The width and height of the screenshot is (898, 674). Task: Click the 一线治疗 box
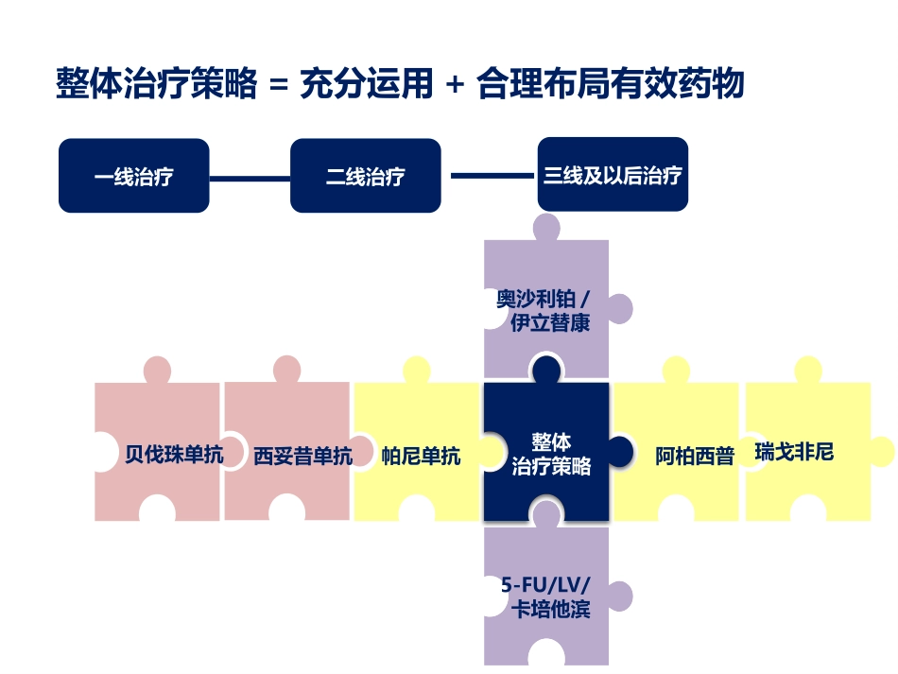pyautogui.click(x=133, y=176)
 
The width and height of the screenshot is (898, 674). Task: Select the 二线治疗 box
pyautogui.click(x=365, y=176)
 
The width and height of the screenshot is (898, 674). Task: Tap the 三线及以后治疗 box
pyautogui.click(x=613, y=175)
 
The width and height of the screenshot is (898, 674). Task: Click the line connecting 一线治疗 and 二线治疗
pyautogui.click(x=250, y=177)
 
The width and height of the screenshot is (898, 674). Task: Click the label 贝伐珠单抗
pyautogui.click(x=175, y=456)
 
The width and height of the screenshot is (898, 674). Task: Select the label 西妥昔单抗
pyautogui.click(x=302, y=456)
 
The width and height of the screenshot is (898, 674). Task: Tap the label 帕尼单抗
pyautogui.click(x=421, y=456)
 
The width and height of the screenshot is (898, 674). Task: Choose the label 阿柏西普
pyautogui.click(x=695, y=456)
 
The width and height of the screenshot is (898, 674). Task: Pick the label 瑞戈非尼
pyautogui.click(x=794, y=452)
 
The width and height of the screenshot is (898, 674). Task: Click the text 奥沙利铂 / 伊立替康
pyautogui.click(x=544, y=311)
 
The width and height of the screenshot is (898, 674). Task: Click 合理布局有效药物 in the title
pyautogui.click(x=611, y=84)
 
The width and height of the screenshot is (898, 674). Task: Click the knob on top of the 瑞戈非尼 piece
pyautogui.click(x=808, y=370)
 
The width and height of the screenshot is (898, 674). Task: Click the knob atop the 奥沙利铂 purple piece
pyautogui.click(x=546, y=227)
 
